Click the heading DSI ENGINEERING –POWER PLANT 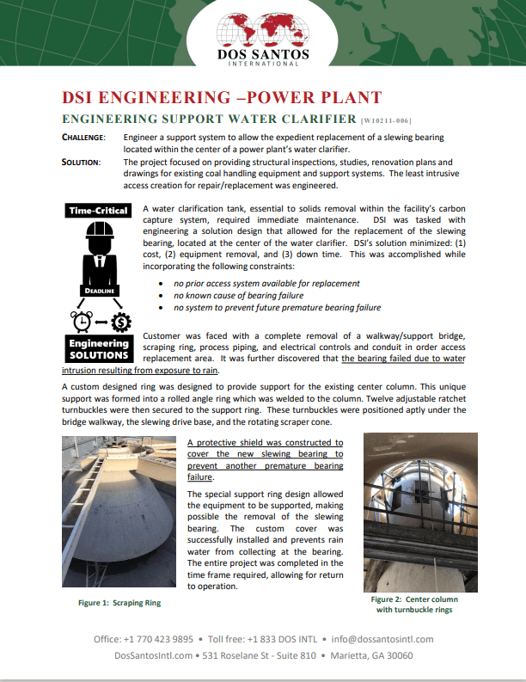click(x=222, y=96)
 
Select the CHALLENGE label click(x=83, y=138)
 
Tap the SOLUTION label click(x=82, y=163)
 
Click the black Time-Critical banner click(x=99, y=211)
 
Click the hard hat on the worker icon click(x=99, y=235)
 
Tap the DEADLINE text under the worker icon click(x=99, y=291)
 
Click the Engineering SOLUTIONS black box click(x=99, y=349)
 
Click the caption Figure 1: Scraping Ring click(x=119, y=603)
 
